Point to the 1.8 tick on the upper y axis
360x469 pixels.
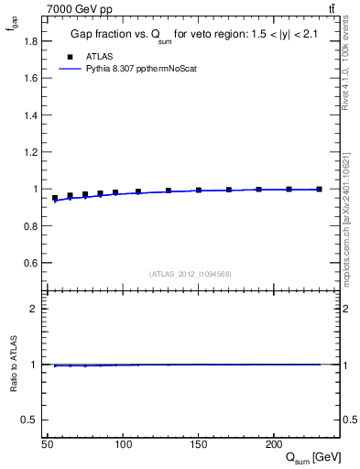33,41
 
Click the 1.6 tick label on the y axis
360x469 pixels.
33,78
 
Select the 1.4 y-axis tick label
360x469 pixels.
33,115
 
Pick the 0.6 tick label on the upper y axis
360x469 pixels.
33,263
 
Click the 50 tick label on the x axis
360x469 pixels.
48,444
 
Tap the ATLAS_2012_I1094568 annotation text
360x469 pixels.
191,274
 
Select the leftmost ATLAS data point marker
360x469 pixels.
55,198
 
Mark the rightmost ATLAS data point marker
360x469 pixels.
319,190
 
